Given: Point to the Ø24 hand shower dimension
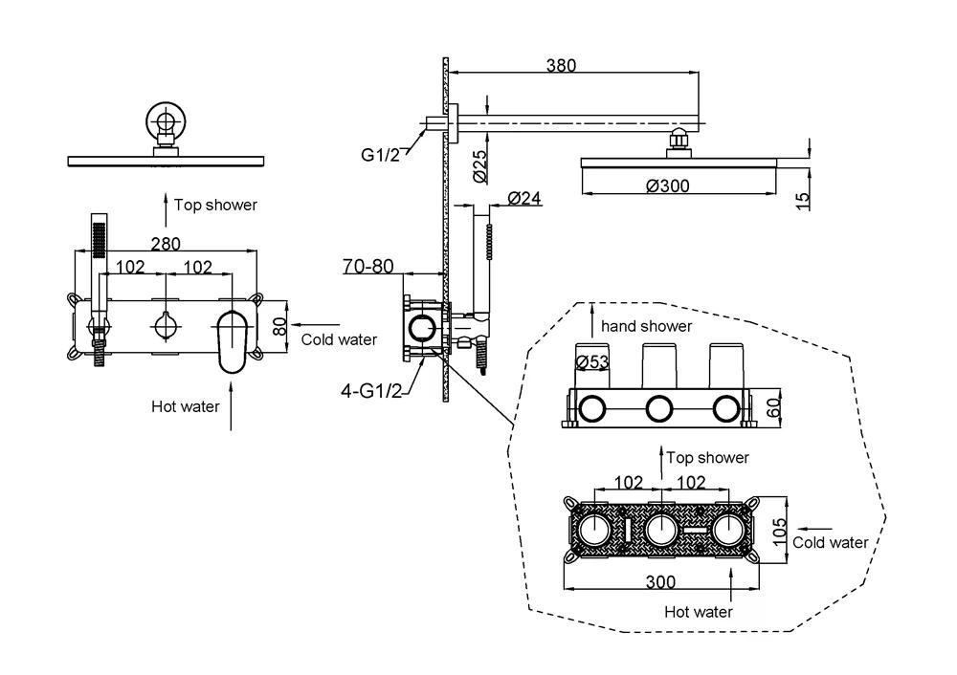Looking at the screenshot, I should pyautogui.click(x=524, y=198).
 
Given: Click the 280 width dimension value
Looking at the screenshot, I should pyautogui.click(x=166, y=244).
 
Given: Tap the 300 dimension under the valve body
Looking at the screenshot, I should pyautogui.click(x=661, y=581).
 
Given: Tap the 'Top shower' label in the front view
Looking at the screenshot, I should pyautogui.click(x=215, y=204).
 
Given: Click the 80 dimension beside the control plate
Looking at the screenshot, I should pyautogui.click(x=279, y=324).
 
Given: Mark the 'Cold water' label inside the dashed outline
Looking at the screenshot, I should pyautogui.click(x=831, y=542).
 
